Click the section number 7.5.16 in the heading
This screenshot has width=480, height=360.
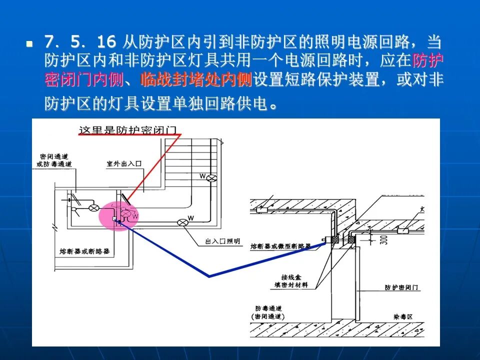(80, 42)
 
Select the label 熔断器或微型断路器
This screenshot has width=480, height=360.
(280, 246)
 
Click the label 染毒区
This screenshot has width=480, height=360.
(403, 317)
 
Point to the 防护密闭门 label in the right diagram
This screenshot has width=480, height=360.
(402, 288)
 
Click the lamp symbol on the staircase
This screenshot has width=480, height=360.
(211, 177)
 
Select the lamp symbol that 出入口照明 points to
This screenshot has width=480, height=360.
(182, 222)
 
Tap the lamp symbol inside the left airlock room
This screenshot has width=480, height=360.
(93, 207)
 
